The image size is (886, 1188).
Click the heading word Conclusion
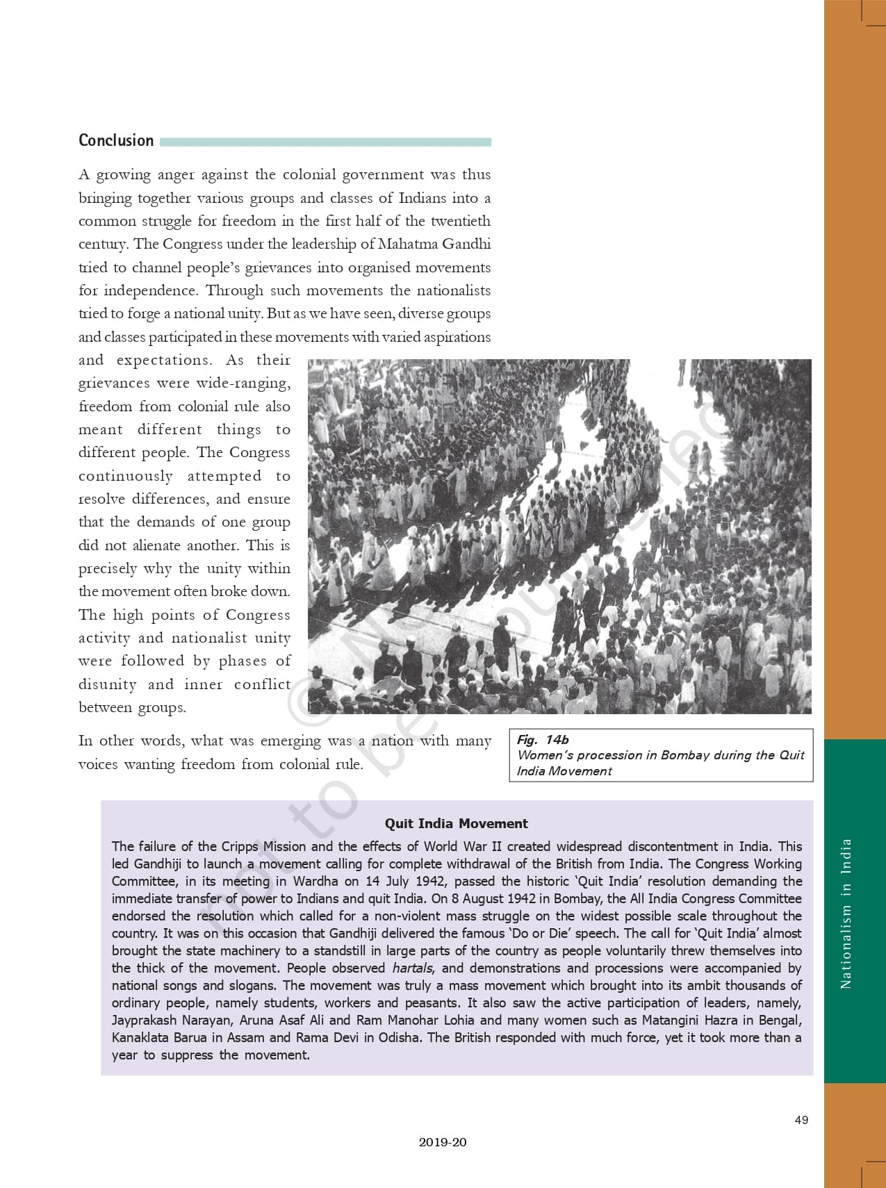(x=116, y=140)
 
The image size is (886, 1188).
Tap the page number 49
(x=801, y=1120)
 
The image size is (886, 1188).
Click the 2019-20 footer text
(x=443, y=1142)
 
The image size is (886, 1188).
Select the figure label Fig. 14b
(x=543, y=740)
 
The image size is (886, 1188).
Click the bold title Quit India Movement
(x=457, y=823)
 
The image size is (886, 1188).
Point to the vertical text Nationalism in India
(x=846, y=914)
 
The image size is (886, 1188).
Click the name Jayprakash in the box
(x=144, y=1020)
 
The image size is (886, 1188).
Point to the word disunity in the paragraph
(x=107, y=684)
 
